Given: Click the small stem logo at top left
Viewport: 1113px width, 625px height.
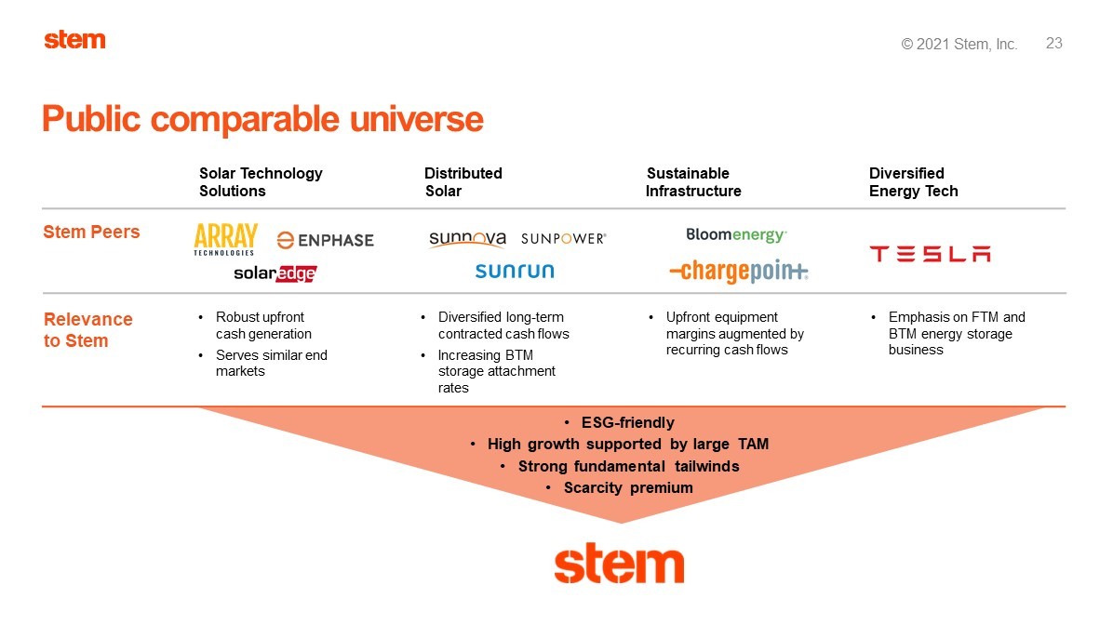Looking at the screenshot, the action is pos(74,40).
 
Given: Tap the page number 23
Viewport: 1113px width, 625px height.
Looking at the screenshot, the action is pos(1054,44).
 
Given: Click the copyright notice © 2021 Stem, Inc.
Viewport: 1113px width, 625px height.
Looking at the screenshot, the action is pos(959,44).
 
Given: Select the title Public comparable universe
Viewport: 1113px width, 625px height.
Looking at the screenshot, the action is pos(262,119).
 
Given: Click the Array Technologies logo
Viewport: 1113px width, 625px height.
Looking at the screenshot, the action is pos(226,239).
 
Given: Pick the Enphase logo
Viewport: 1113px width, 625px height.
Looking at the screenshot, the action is pos(325,241).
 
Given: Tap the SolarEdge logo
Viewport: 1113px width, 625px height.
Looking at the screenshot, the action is pos(275,273).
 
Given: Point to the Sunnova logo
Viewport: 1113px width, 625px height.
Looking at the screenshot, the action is pos(467,239).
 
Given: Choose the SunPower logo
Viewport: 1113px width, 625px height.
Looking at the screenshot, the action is pos(564,239).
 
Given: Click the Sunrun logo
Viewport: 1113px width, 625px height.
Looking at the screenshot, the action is pos(515,271).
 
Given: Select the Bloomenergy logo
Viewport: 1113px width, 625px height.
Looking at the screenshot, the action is pos(736,234).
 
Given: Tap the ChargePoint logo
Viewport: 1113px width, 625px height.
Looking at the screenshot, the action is pos(738,271).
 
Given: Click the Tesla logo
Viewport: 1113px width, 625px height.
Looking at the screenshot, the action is pos(930,254).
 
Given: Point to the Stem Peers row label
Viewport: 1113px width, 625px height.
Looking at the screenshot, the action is pos(91,232).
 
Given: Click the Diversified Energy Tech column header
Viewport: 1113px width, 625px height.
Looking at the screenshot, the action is pos(914,182).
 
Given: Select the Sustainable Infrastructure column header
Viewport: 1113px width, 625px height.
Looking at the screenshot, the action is pos(693,182).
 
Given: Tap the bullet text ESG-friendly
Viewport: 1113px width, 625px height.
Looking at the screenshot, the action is pos(627,423).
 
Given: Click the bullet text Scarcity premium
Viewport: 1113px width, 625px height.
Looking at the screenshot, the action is pos(628,488).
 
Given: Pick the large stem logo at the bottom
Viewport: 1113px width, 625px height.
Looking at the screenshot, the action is pos(619,565).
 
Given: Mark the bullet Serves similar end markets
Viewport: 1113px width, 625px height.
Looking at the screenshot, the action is pos(271,364).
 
